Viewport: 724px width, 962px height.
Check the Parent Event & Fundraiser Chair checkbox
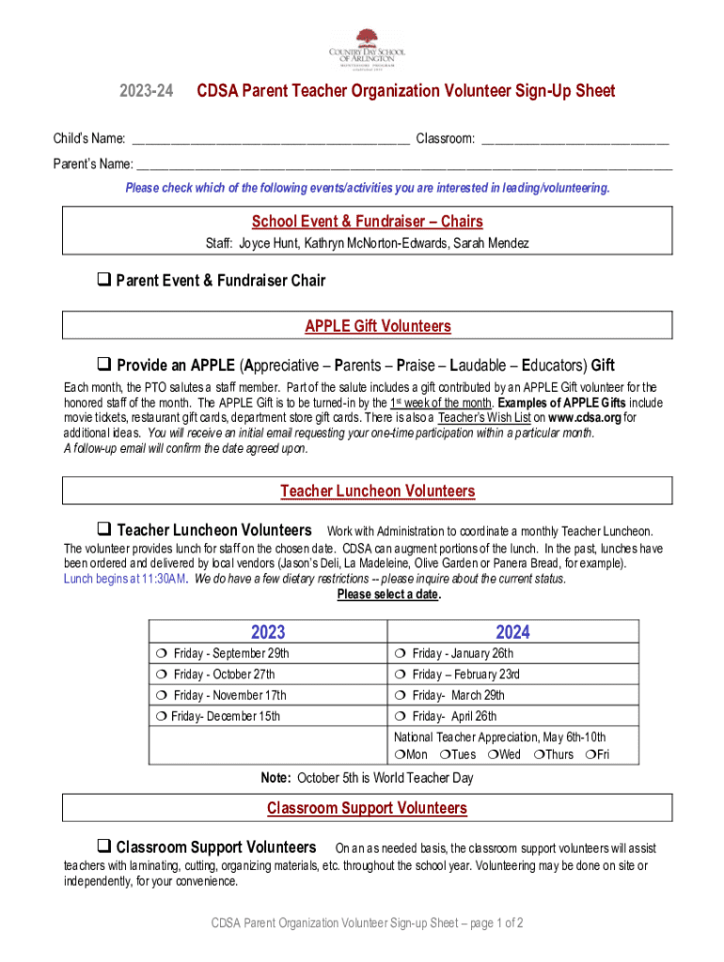tap(104, 280)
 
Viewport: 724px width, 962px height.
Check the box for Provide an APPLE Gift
tap(104, 365)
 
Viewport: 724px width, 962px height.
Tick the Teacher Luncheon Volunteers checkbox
tap(104, 530)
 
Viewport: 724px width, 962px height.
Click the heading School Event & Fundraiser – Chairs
tap(367, 222)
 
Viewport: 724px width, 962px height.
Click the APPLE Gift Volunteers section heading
tap(377, 326)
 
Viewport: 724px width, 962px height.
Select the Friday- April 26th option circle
tap(401, 716)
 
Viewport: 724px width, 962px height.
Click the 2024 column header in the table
tap(513, 632)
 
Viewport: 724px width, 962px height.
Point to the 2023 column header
tap(268, 632)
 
